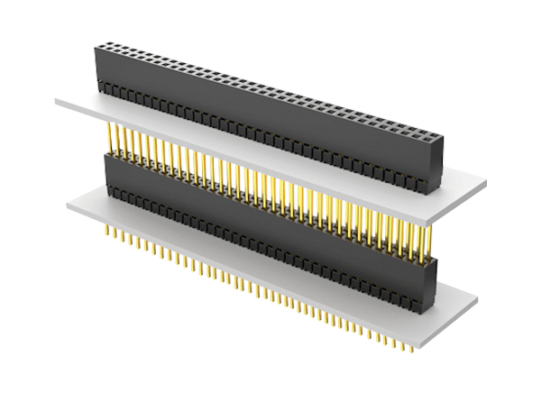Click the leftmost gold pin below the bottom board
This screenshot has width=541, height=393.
click(110, 233)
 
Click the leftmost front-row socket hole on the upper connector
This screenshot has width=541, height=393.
click(101, 45)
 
